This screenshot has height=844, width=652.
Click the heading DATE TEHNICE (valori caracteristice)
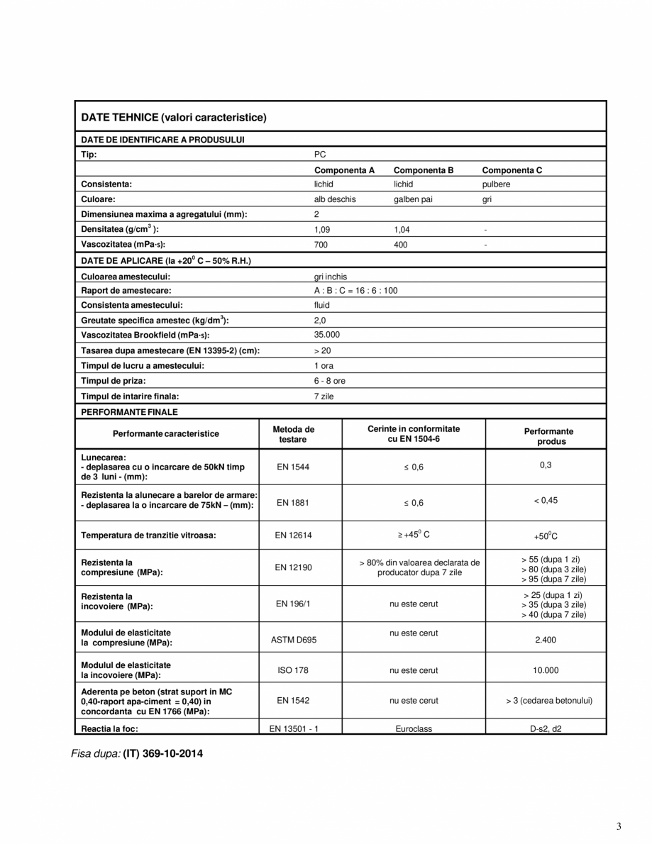(x=174, y=116)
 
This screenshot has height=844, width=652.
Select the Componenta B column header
(x=423, y=170)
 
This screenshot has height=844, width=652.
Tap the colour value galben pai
(x=413, y=199)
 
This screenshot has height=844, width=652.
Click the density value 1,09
(x=322, y=230)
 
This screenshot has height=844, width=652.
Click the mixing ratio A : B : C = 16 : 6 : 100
(x=355, y=290)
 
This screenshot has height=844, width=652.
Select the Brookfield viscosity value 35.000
(x=327, y=334)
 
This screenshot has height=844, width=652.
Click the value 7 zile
(x=324, y=396)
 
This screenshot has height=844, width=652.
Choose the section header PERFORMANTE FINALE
(x=129, y=411)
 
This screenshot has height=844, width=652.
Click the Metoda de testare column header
(x=293, y=434)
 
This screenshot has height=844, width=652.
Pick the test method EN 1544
(x=293, y=467)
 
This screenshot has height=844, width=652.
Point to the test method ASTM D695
(x=294, y=640)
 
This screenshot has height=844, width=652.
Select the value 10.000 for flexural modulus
(x=546, y=670)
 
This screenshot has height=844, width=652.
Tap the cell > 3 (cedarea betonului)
(x=549, y=700)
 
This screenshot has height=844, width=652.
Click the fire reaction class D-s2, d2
(x=546, y=728)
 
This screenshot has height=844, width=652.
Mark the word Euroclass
(x=414, y=728)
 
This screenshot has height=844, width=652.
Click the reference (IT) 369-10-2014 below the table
(x=163, y=753)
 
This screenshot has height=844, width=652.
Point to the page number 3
(x=619, y=826)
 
